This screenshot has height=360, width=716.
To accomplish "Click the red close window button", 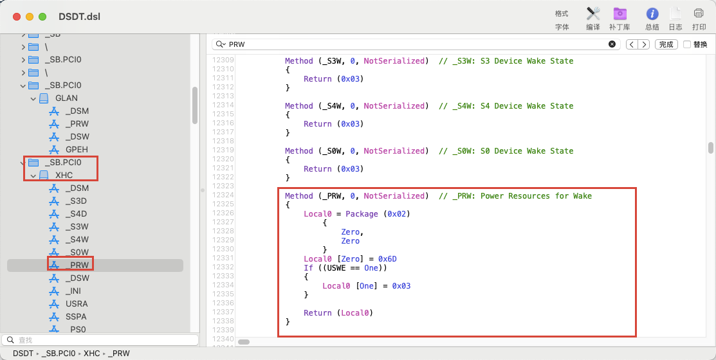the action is tap(17, 17).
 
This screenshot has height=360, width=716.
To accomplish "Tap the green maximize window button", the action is tap(42, 17).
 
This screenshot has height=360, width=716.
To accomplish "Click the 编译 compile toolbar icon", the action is tap(592, 14).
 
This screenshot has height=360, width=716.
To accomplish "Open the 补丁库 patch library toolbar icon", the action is tap(620, 14).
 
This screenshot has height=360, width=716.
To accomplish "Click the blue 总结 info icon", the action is tap(652, 14).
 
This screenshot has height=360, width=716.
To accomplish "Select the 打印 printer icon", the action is tap(699, 14).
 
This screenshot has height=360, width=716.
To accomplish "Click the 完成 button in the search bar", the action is tap(666, 44).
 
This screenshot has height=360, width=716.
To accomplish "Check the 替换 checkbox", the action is tap(687, 44).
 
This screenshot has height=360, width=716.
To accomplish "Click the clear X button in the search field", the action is tap(612, 44).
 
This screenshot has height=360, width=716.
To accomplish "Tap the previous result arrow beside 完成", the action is tap(632, 44).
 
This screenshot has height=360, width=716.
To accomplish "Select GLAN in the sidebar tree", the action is tap(67, 98).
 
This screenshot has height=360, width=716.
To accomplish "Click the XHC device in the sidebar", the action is tap(64, 175).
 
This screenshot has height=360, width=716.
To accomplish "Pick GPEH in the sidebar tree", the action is tap(77, 149).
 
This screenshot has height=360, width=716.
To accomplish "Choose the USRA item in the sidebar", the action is tap(77, 303).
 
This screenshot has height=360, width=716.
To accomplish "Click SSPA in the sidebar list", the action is tap(76, 316).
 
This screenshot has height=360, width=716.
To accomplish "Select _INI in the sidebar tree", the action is tap(73, 291).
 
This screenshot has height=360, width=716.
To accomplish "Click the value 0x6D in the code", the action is tap(387, 259).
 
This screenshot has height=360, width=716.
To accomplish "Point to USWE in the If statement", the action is tap(336, 268).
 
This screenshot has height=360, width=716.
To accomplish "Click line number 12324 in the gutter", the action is tap(223, 195).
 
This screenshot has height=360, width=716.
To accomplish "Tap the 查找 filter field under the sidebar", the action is tap(100, 340).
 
